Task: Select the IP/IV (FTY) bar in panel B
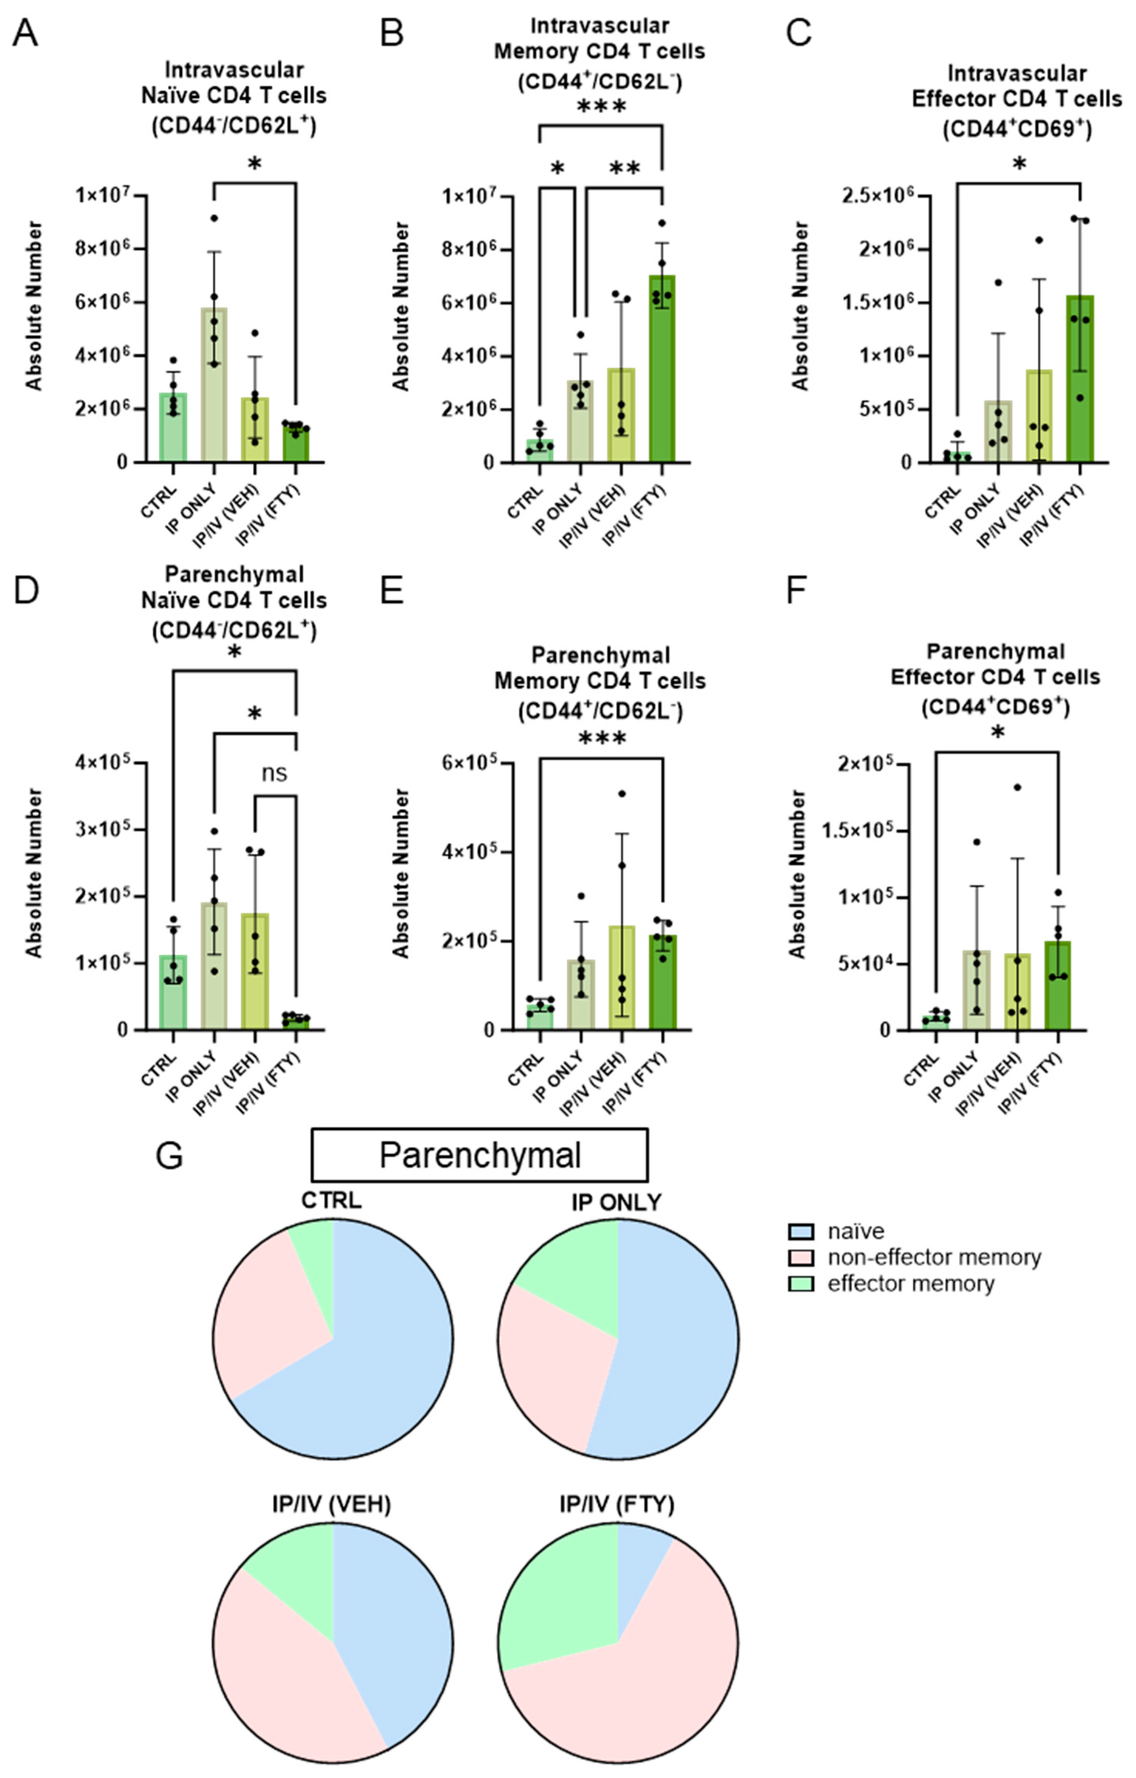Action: (662, 369)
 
